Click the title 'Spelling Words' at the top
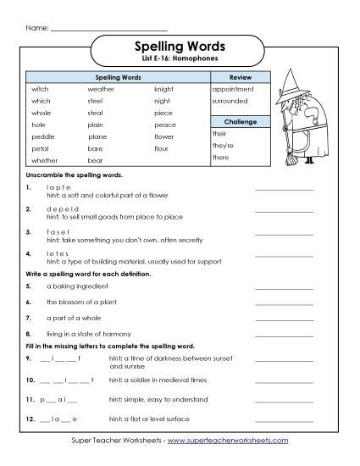(x=180, y=46)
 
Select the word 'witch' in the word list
(x=42, y=89)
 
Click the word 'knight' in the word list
(x=163, y=89)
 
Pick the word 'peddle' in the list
(x=43, y=136)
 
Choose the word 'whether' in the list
(x=45, y=160)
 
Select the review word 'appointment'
(x=233, y=89)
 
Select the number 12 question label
(x=30, y=419)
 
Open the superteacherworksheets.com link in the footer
(x=228, y=441)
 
